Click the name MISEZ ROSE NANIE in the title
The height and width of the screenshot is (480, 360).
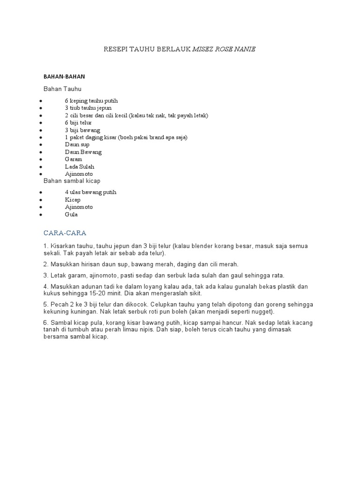pos(224,49)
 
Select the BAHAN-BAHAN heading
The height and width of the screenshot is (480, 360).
pos(64,76)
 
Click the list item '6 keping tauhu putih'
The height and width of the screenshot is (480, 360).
pos(91,101)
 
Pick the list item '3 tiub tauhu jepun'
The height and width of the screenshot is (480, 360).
pos(88,108)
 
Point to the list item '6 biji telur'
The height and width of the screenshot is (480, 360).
pos(78,123)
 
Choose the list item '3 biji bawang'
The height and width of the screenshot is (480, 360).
pos(82,130)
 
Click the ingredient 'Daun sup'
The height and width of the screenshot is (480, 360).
pos(77,144)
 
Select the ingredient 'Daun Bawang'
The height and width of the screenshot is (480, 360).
pos(83,152)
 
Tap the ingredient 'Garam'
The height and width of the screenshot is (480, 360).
pos(74,159)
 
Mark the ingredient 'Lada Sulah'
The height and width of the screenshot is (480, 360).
pos(80,166)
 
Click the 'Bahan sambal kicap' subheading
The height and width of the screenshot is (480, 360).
pos(72,180)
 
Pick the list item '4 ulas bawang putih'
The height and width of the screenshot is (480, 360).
pos(90,192)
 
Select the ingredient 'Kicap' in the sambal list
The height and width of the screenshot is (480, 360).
pos(73,200)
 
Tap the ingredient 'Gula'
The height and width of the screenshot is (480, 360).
pos(71,214)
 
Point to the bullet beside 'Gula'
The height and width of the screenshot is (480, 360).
pos(42,215)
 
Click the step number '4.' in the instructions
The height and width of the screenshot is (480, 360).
pos(46,286)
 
